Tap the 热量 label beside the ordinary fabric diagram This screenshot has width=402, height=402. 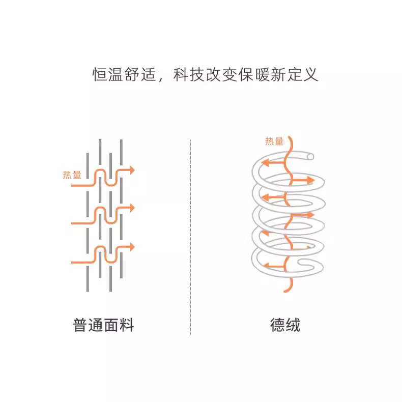[72, 175]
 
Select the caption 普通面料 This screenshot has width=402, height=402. [104, 325]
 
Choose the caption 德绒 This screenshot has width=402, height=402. [285, 325]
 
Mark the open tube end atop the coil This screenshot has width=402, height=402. [310, 156]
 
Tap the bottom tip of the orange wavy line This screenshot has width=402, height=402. [284, 291]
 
